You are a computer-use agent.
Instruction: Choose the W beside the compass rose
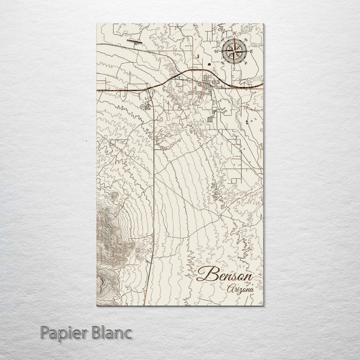tap(216, 51)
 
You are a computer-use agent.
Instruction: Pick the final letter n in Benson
tap(247, 276)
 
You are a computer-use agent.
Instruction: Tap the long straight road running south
tap(153, 200)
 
